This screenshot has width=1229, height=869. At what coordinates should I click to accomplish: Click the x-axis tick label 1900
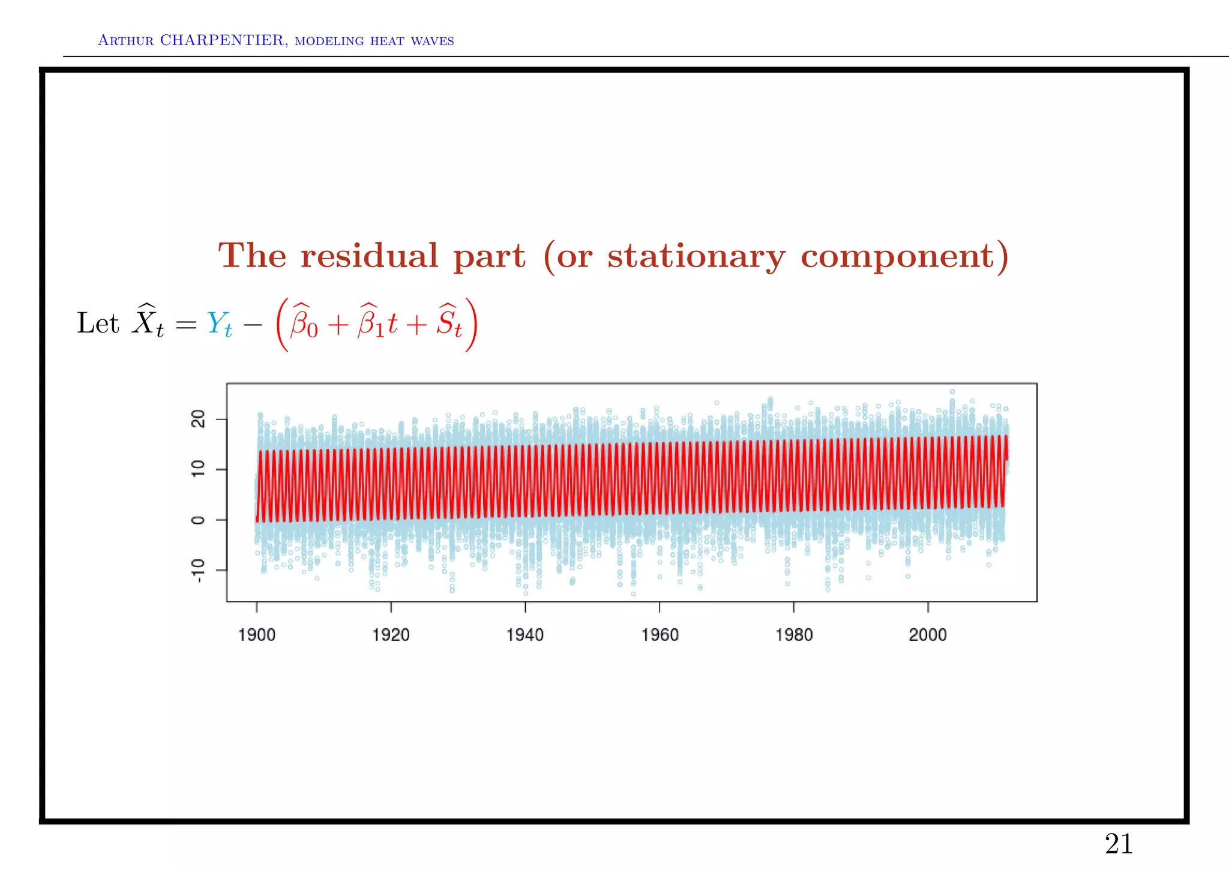point(256,635)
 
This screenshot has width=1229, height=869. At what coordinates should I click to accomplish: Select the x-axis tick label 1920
point(391,635)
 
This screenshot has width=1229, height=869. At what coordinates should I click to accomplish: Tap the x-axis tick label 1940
point(525,635)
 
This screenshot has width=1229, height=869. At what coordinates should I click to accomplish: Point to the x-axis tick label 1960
point(660,635)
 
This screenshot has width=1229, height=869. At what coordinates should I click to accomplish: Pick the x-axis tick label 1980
point(794,635)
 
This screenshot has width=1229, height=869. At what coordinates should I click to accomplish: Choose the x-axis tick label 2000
point(928,635)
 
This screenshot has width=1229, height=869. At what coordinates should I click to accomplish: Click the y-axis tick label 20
point(198,419)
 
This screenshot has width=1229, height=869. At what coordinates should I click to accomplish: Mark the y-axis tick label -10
point(198,571)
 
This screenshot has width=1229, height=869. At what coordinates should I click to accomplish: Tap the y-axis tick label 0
point(198,520)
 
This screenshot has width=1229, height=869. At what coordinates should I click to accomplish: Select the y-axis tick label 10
point(198,469)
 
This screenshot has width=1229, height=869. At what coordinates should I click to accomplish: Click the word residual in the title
point(370,256)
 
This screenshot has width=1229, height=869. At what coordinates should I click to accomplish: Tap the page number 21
point(1119,844)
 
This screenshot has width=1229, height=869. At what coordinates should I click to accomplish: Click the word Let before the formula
point(98,323)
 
